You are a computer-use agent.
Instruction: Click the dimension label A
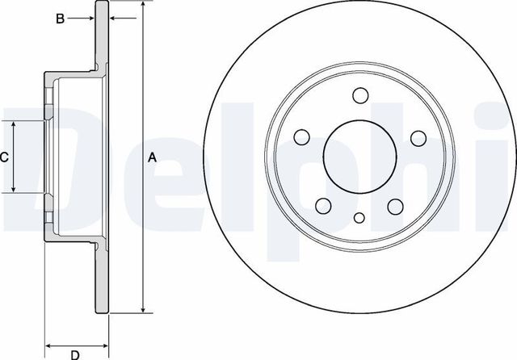click(x=151, y=158)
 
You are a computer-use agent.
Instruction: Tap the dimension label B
click(x=59, y=19)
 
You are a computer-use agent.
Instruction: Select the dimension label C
click(x=4, y=157)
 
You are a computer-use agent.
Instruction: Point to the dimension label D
click(x=74, y=354)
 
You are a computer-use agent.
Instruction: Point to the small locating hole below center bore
click(x=359, y=216)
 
